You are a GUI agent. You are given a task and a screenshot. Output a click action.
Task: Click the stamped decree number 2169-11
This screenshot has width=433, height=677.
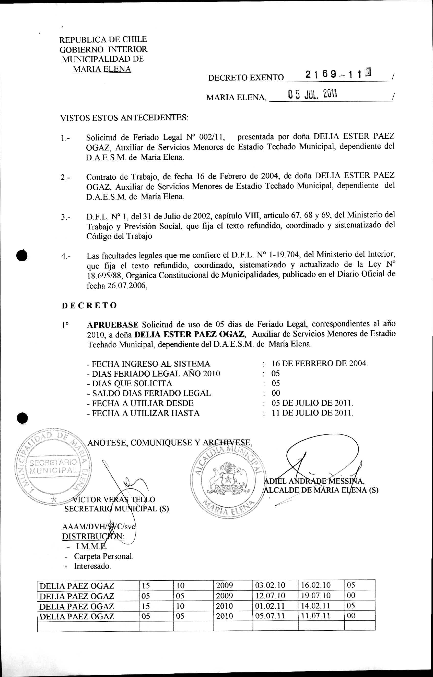click(333, 74)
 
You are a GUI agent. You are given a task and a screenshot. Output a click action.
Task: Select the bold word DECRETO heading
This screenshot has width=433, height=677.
click(89, 305)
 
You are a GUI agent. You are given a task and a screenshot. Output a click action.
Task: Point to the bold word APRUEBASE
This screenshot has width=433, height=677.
click(112, 325)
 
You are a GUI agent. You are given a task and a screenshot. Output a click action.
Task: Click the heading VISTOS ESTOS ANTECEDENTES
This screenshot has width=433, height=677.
click(124, 118)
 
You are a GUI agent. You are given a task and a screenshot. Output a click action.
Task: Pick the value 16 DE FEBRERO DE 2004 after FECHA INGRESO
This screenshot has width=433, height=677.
click(319, 363)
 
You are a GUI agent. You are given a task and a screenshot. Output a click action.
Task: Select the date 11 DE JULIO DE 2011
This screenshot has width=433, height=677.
click(312, 413)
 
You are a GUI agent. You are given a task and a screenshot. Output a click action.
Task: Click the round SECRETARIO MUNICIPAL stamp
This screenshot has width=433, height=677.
click(53, 466)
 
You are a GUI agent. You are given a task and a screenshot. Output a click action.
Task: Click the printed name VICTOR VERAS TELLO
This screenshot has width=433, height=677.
click(114, 500)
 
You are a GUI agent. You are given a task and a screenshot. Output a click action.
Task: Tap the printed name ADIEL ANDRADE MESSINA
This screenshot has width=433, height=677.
click(314, 481)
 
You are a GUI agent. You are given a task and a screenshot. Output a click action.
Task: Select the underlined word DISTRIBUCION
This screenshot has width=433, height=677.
click(93, 537)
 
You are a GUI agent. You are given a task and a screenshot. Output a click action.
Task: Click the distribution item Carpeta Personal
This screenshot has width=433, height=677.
click(103, 556)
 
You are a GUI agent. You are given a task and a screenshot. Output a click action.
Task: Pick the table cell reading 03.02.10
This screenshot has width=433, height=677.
click(270, 585)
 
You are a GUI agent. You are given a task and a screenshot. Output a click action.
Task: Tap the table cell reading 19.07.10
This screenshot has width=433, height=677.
click(316, 595)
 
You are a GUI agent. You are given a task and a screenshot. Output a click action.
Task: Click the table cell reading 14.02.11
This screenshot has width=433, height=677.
click(316, 606)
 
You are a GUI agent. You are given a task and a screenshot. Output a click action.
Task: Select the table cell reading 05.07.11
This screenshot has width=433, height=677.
click(270, 616)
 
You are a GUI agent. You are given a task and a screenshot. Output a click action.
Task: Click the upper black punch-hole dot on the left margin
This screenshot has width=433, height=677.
click(22, 255)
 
